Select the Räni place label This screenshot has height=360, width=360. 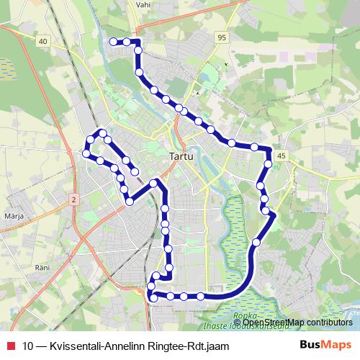tap(41, 267)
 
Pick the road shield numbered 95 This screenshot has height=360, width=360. tap(220, 37)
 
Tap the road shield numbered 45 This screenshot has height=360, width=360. tap(281, 156)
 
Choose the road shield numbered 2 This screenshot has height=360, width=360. tap(73, 197)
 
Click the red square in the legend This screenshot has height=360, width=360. tap(9, 345)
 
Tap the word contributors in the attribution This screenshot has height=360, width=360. tap(322, 322)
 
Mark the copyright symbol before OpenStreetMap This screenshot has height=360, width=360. tap(238, 322)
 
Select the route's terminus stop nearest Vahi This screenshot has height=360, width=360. tap(113, 42)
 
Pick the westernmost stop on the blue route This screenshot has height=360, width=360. tap(86, 153)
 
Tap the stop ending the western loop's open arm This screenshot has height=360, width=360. tap(134, 171)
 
